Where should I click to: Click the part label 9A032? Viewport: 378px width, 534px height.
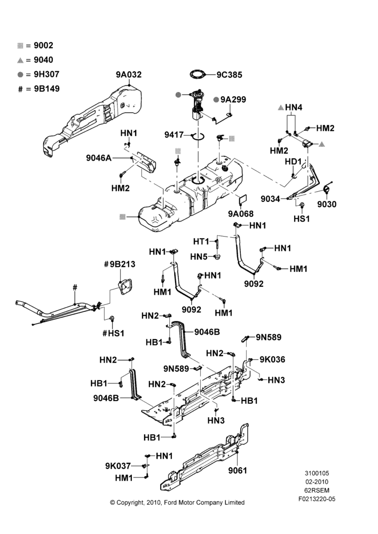129,75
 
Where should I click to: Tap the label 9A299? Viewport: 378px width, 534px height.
233,99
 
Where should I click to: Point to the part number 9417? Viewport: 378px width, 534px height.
174,135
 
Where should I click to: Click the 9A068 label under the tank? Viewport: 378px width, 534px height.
241,214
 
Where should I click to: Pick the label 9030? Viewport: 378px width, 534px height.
327,204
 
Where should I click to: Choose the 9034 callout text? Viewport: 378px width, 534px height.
270,199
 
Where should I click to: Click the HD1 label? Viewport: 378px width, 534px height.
293,161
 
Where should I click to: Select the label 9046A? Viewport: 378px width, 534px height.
99,158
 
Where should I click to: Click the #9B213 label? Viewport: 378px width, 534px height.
120,264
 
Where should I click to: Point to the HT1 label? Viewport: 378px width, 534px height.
201,241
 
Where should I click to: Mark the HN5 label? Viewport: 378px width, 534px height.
199,256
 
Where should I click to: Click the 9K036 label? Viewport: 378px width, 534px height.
272,359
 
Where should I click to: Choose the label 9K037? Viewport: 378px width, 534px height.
118,466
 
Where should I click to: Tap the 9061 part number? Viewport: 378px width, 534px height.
238,470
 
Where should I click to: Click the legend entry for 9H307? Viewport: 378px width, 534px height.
38,74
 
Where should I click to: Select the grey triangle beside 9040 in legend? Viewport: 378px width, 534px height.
20,60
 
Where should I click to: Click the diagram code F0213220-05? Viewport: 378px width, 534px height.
317,499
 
